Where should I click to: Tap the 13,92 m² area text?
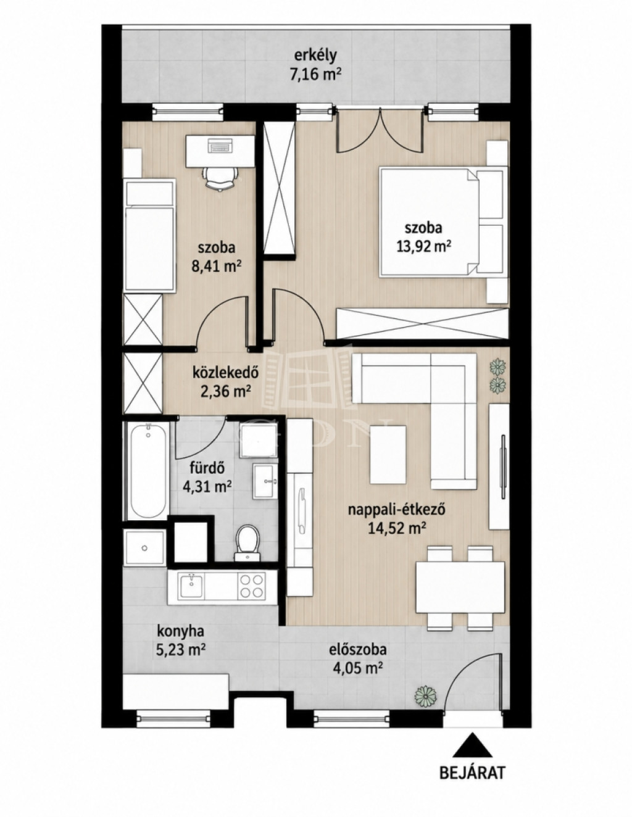[423, 246]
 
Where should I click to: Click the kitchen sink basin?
[192, 586]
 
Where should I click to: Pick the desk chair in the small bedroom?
[220, 178]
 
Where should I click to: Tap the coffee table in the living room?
[388, 454]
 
